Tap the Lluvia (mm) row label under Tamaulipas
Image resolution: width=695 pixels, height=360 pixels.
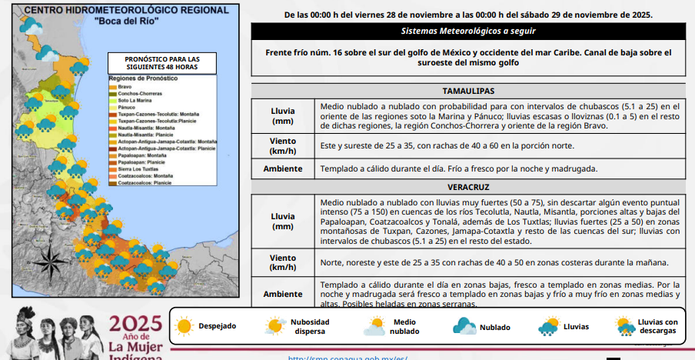click(x=282, y=115)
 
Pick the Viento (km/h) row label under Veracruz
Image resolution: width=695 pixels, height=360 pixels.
click(x=282, y=262)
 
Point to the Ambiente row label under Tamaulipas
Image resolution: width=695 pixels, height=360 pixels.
click(x=282, y=168)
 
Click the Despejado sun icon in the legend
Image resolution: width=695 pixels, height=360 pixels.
click(x=184, y=326)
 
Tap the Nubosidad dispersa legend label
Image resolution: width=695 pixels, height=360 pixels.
click(x=310, y=326)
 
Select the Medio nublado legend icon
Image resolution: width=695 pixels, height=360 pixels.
click(x=374, y=327)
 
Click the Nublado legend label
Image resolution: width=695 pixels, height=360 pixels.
click(x=494, y=327)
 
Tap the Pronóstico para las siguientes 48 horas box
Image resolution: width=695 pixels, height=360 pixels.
click(x=161, y=62)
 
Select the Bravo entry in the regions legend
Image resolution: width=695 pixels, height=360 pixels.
click(x=125, y=86)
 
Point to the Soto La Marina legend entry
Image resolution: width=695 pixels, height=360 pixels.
click(x=135, y=100)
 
